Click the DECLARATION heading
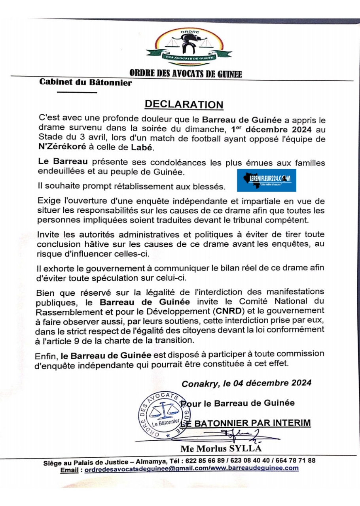click(x=184, y=104)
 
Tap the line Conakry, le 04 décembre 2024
click(x=246, y=383)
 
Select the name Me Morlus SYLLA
click(x=221, y=449)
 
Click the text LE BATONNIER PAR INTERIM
click(x=248, y=423)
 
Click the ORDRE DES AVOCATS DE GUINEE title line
click(x=185, y=74)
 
